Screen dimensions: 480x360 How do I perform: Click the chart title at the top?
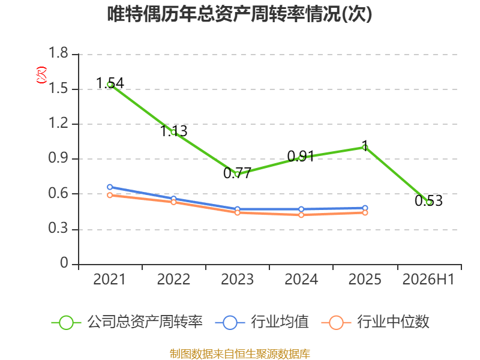(x=239, y=14)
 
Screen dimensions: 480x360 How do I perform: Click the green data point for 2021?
(x=110, y=85)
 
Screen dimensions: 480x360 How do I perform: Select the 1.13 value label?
(x=173, y=131)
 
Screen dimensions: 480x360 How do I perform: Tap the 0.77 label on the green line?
(x=237, y=173)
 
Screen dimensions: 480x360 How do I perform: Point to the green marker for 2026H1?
(x=429, y=202)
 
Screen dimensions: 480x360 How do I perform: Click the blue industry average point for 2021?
(x=110, y=187)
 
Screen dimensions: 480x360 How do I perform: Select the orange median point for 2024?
(x=301, y=215)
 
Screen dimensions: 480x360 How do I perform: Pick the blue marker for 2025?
(x=365, y=208)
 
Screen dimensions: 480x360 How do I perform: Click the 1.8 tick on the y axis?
(x=58, y=53)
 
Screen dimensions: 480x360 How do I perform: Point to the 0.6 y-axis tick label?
(x=58, y=193)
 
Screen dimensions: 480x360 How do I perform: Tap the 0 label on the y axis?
(x=64, y=263)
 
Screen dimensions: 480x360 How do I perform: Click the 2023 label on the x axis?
(x=237, y=279)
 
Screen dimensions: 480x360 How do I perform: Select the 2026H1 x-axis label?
(x=428, y=279)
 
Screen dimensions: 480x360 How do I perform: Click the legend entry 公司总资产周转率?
(x=127, y=322)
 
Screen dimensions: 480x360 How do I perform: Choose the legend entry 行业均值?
(x=262, y=322)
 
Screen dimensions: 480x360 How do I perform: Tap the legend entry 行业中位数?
(x=376, y=322)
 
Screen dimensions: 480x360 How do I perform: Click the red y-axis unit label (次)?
(x=41, y=75)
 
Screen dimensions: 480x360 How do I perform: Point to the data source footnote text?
(x=240, y=354)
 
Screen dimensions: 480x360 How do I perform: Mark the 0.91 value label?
(x=301, y=156)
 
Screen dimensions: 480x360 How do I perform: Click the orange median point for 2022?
(x=173, y=202)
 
